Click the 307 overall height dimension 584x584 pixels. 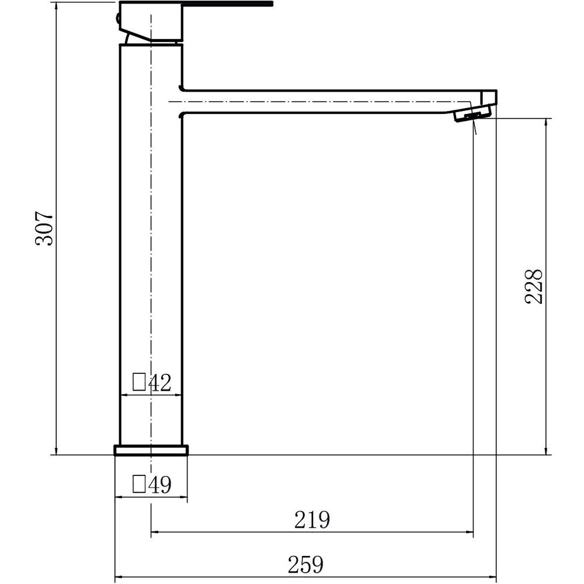click(x=44, y=228)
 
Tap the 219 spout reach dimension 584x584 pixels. click(x=312, y=520)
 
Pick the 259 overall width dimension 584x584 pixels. click(x=306, y=565)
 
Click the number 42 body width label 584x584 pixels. click(x=160, y=383)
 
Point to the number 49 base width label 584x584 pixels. click(x=160, y=485)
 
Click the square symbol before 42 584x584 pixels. click(x=139, y=382)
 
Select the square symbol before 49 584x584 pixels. click(x=139, y=484)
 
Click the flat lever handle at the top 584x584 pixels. click(x=228, y=4)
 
